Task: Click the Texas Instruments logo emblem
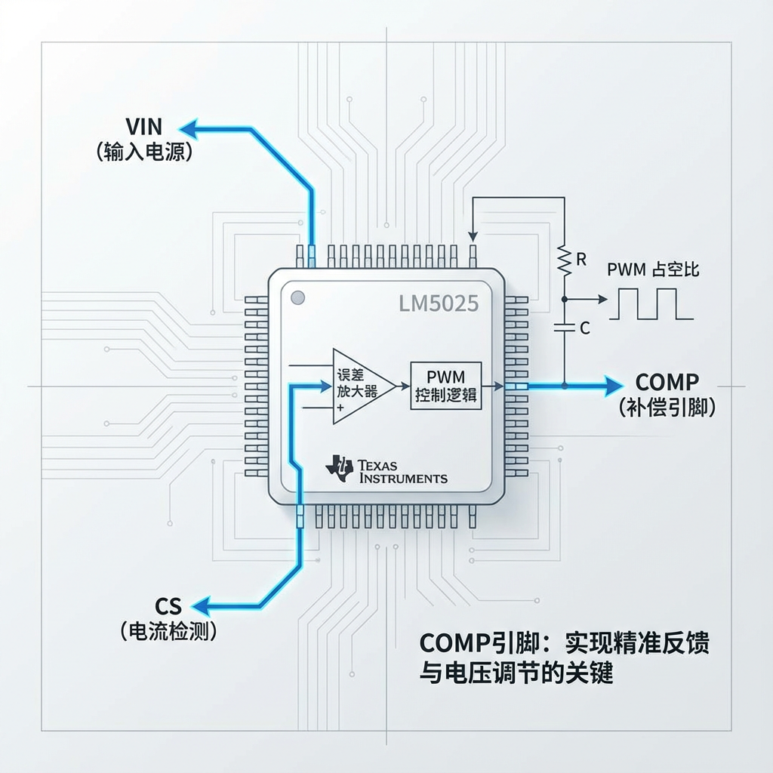pos(339,468)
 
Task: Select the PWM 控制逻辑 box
pos(447,386)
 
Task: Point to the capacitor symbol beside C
pos(563,327)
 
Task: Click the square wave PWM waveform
pos(654,303)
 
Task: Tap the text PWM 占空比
pos(653,269)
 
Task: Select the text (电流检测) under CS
pos(168,631)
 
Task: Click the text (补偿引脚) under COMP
pos(667,408)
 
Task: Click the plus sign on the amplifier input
pos(340,408)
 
